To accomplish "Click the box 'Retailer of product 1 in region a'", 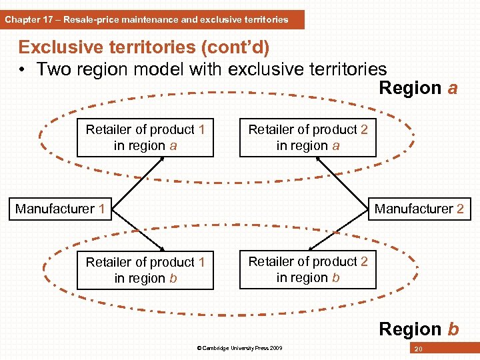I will point(145,138).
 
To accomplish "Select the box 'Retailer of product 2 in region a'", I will point(308,138).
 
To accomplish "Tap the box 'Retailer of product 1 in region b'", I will point(145,271).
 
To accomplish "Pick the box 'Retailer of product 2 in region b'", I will point(308,270).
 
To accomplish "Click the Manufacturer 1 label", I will point(60,209).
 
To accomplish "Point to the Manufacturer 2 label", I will point(419,209).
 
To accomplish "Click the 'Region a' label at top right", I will point(418,88).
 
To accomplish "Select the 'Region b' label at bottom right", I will point(418,329).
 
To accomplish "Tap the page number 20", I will point(418,349).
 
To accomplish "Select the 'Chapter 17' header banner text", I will point(147,19).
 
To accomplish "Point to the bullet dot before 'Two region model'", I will point(23,69).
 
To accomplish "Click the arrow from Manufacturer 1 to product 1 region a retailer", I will point(131,182).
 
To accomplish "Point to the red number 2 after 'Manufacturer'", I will point(460,209).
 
